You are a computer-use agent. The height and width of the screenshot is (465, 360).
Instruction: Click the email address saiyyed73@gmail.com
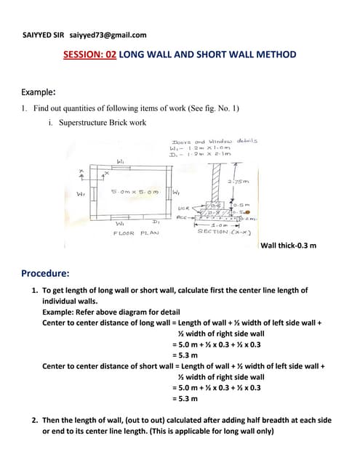pos(108,34)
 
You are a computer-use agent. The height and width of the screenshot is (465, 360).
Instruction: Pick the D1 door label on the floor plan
pos(156,219)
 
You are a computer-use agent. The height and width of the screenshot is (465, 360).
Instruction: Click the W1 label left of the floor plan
pos(81,193)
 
